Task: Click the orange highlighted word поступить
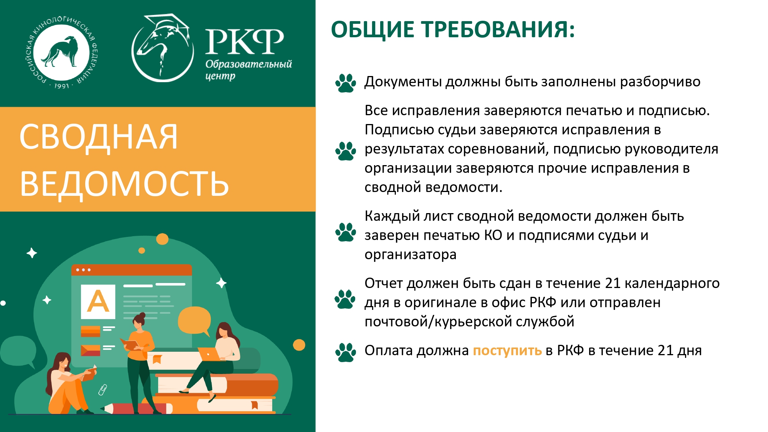[507, 351]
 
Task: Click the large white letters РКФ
[245, 41]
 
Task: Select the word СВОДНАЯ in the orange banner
[99, 137]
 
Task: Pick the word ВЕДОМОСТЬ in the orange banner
[124, 184]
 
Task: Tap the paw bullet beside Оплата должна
[346, 352]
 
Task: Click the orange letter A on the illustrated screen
[98, 301]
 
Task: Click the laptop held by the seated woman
[210, 354]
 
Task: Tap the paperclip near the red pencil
[103, 389]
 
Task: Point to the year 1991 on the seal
[61, 86]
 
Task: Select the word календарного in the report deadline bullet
[672, 283]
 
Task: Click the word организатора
[410, 255]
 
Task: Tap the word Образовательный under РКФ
[248, 64]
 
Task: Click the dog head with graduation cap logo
[163, 48]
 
